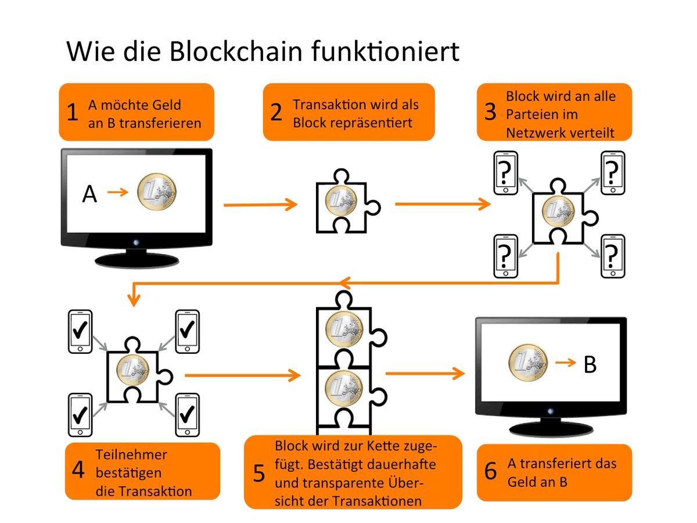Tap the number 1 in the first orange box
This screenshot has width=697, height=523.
click(x=72, y=112)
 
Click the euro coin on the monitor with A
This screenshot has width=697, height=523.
click(x=157, y=195)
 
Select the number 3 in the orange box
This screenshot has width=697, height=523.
click(x=490, y=112)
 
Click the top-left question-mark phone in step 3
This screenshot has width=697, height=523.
click(x=505, y=173)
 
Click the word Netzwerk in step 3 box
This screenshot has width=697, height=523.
click(x=534, y=132)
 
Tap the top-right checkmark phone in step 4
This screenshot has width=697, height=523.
click(x=186, y=332)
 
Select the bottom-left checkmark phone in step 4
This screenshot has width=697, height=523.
click(x=80, y=414)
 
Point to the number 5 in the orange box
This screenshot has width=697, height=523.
click(x=259, y=474)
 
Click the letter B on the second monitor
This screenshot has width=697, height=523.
click(x=590, y=365)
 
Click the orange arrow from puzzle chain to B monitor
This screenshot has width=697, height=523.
click(x=424, y=374)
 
